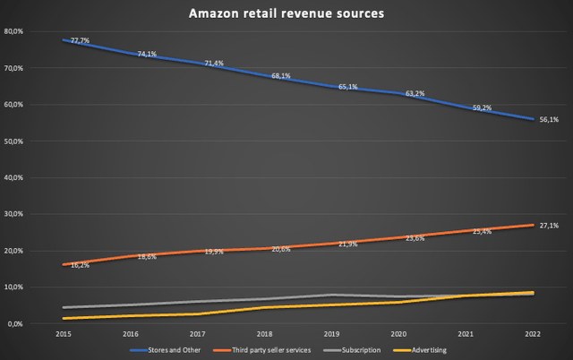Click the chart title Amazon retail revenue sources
click(286, 14)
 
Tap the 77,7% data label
click(79, 40)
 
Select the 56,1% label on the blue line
click(549, 120)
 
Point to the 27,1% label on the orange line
click(549, 226)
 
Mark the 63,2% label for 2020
click(415, 93)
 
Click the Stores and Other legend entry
click(167, 350)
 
